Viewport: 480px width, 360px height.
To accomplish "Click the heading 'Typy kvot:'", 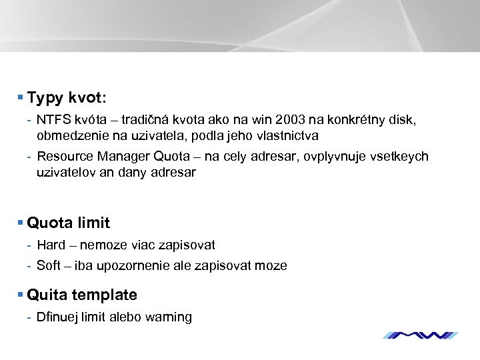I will pos(66,98).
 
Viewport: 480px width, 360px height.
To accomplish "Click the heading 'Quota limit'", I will pos(68,223).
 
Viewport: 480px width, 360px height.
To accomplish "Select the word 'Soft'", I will pos(49,265).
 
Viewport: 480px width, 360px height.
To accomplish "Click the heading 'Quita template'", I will pos(82,295).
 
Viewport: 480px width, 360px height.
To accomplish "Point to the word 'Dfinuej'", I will pos(57,317).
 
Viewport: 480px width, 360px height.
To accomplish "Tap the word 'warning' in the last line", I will pos(169,317).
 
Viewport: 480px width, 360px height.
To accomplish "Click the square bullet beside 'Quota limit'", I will pos(21,222).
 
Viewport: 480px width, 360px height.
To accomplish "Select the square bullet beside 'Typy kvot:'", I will pos(21,97).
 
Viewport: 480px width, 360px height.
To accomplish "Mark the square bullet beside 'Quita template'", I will pos(21,294).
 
